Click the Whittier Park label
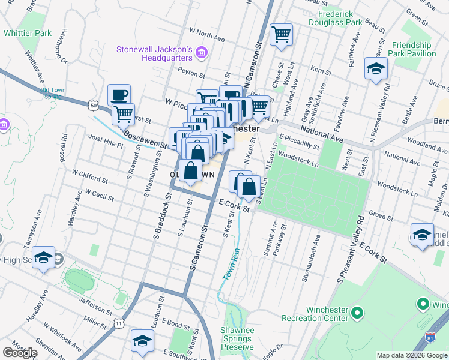pos(28,33)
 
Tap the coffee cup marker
pos(119,95)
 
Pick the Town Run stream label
pos(231,264)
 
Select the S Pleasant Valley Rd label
pos(351,250)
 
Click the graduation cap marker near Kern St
pos(376,69)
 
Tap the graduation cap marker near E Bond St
pos(143,341)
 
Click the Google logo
pos(20,353)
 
